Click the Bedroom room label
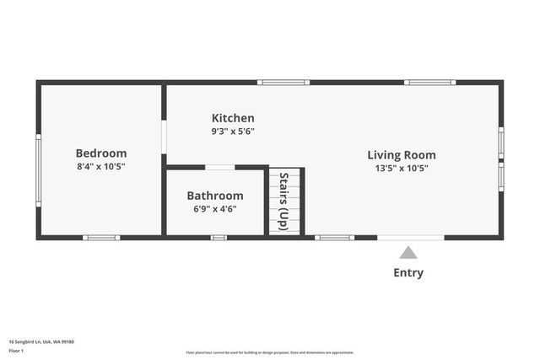coord(101,153)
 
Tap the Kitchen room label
coord(233,118)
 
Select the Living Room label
coord(402,155)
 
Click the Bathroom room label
coord(215,196)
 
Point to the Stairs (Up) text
coord(284,202)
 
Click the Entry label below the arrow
coord(408,272)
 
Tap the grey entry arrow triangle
coord(408,252)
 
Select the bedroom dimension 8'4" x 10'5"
coord(101,167)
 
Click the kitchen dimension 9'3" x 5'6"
coord(233,132)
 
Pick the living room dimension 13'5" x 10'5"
coord(402,169)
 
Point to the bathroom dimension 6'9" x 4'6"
coord(215,209)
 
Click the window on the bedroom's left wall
coord(38,169)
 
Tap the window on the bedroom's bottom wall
coord(101,238)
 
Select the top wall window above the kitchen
coord(283,83)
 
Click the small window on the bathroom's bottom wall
coord(219,238)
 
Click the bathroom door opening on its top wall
coord(220,167)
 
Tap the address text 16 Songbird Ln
coord(41,341)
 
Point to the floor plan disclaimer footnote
coord(270,352)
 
